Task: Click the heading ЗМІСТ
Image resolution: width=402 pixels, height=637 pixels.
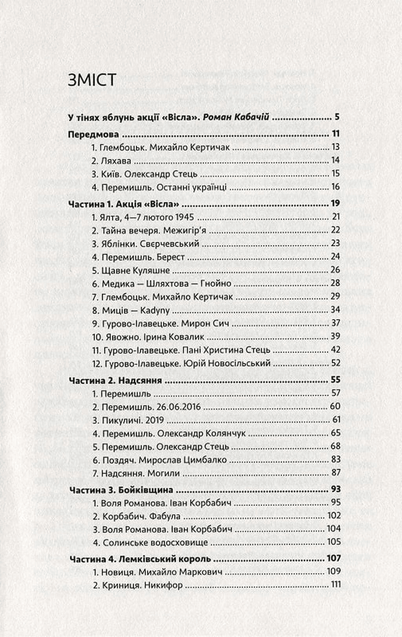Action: (92, 80)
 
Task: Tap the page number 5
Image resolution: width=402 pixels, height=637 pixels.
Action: (337, 117)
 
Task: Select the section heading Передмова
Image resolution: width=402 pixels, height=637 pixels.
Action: (93, 134)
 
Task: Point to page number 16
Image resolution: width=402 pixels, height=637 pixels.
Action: (335, 187)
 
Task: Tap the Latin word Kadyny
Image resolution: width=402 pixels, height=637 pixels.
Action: (155, 310)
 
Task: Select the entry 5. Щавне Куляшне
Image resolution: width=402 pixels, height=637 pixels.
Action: (131, 270)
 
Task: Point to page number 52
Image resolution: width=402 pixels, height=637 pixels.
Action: (335, 363)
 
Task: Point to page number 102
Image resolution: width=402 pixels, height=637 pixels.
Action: (334, 516)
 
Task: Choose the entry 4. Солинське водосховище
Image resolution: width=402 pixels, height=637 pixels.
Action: (150, 543)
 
